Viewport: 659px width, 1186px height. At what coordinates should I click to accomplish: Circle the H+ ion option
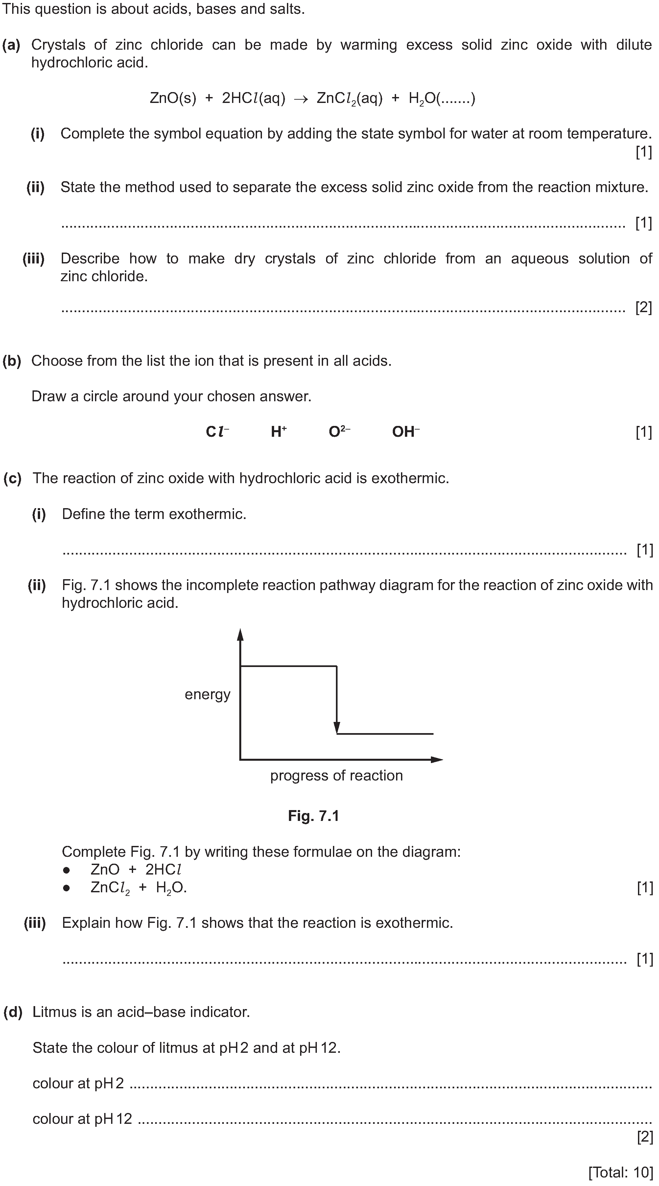pyautogui.click(x=278, y=432)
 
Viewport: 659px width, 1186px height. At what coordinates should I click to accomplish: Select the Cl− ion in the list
pyautogui.click(x=217, y=432)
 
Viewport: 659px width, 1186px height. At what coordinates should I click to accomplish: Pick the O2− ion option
pyautogui.click(x=339, y=432)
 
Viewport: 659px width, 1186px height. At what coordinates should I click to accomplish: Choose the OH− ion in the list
pyautogui.click(x=406, y=432)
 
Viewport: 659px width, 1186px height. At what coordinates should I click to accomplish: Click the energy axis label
pyautogui.click(x=207, y=694)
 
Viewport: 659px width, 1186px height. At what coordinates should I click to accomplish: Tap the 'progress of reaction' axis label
pyautogui.click(x=337, y=775)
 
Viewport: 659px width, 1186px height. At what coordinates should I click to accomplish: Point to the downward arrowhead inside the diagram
pyautogui.click(x=337, y=728)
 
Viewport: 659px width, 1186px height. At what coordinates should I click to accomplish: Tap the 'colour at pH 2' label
pyautogui.click(x=78, y=1083)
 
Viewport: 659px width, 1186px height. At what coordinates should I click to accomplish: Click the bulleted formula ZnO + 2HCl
pyautogui.click(x=136, y=870)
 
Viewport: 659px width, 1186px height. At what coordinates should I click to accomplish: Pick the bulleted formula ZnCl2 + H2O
pyautogui.click(x=138, y=887)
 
